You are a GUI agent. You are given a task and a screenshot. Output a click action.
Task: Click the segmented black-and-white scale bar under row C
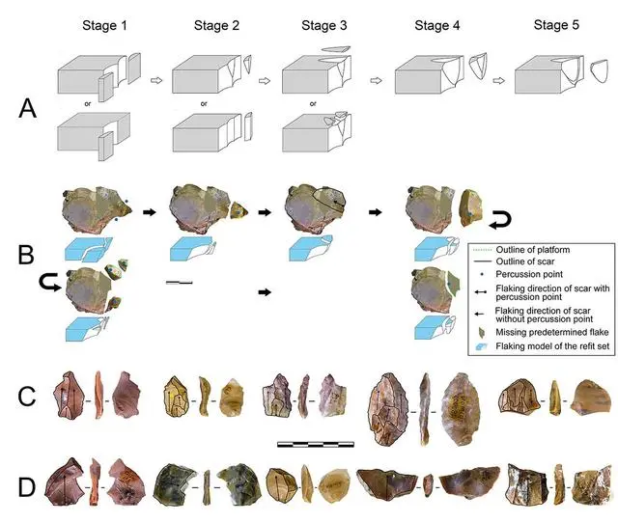point(315,445)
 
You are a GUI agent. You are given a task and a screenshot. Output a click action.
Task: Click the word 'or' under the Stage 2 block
point(203,102)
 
